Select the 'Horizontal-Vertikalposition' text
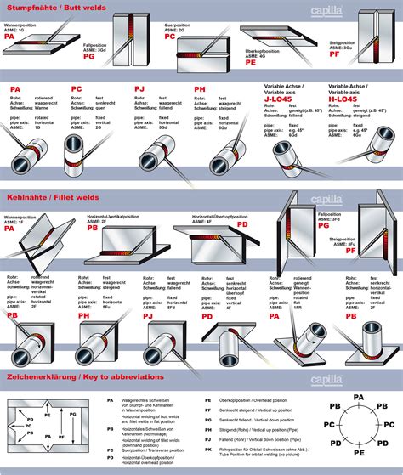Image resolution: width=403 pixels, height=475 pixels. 113,217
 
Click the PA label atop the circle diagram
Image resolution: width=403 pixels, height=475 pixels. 358,397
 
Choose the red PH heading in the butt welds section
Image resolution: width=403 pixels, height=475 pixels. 199,88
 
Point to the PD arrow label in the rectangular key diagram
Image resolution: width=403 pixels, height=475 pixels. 30,420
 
